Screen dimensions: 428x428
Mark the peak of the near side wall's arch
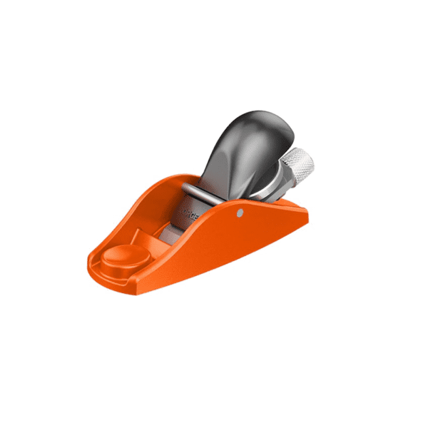pos(235,207)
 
